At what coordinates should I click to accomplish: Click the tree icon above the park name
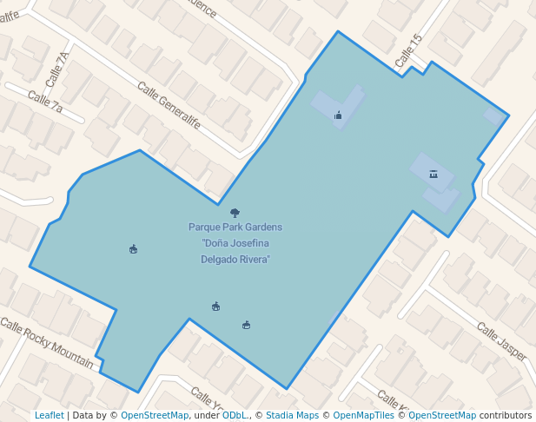[235, 213]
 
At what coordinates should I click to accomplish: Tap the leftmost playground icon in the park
[133, 250]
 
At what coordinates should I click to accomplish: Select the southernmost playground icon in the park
[247, 326]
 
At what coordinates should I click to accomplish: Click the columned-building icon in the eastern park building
[433, 175]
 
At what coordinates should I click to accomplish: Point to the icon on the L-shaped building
[338, 115]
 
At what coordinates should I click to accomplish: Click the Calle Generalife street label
[169, 105]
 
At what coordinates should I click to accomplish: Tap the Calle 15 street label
[407, 51]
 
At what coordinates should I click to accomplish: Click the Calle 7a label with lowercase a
[45, 102]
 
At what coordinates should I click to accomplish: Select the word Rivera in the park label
[252, 259]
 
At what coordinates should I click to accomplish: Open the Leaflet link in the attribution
[49, 415]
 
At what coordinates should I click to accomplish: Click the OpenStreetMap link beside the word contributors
[442, 415]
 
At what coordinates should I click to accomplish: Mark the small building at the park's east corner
[494, 116]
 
